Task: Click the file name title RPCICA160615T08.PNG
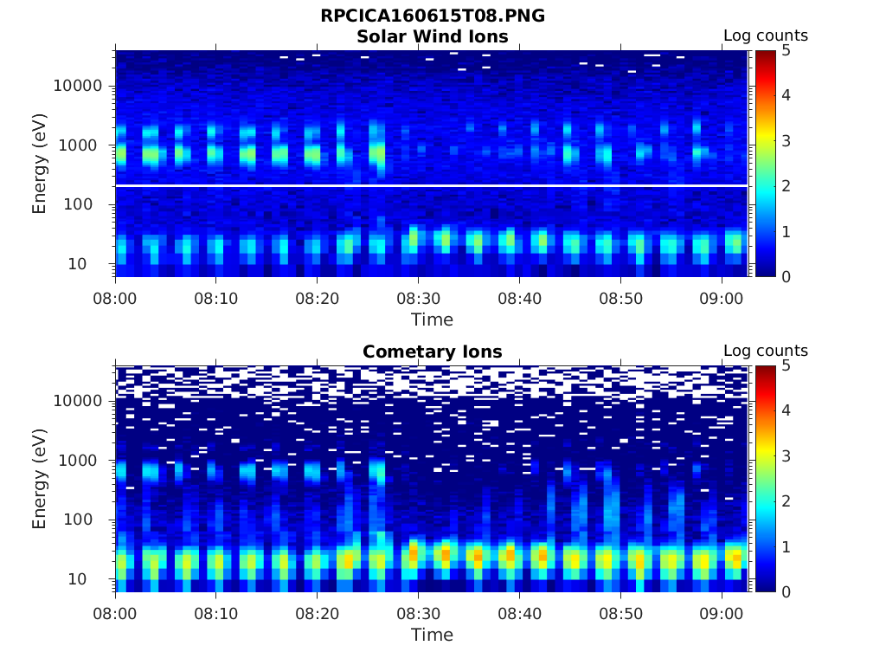pyautogui.click(x=432, y=16)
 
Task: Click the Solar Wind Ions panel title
pyautogui.click(x=432, y=36)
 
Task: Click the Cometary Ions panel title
pyautogui.click(x=432, y=352)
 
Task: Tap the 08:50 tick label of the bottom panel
pyautogui.click(x=620, y=613)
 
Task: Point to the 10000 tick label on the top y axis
pyautogui.click(x=78, y=86)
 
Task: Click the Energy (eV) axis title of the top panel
pyautogui.click(x=40, y=164)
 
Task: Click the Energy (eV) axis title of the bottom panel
pyautogui.click(x=40, y=479)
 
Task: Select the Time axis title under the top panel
pyautogui.click(x=432, y=320)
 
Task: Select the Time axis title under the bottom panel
pyautogui.click(x=432, y=635)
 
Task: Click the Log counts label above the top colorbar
pyautogui.click(x=765, y=36)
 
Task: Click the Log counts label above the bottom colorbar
pyautogui.click(x=765, y=352)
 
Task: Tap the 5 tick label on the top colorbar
pyautogui.click(x=786, y=50)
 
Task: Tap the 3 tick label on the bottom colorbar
pyautogui.click(x=786, y=455)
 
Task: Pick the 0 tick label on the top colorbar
pyautogui.click(x=786, y=276)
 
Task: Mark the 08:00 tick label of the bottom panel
pyautogui.click(x=116, y=613)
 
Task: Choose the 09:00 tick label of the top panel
pyautogui.click(x=722, y=298)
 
